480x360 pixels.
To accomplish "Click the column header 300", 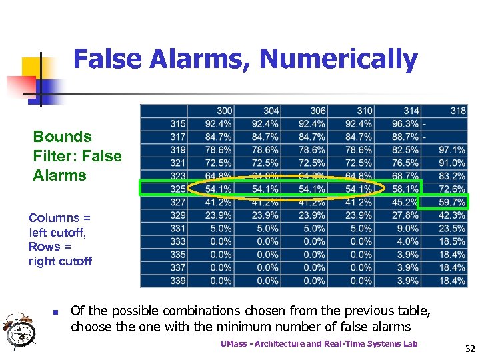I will pyautogui.click(x=225, y=111).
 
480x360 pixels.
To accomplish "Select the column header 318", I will pyautogui.click(x=458, y=111).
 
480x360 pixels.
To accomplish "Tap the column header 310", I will pyautogui.click(x=365, y=111).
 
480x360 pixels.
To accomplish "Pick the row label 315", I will pyautogui.click(x=178, y=123).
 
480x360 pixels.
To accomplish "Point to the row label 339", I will pyautogui.click(x=178, y=281).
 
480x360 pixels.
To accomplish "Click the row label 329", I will pyautogui.click(x=178, y=215).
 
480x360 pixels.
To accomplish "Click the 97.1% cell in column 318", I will pyautogui.click(x=452, y=150).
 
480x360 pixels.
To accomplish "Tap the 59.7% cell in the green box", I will pyautogui.click(x=452, y=202).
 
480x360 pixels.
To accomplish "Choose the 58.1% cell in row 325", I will pyautogui.click(x=405, y=189).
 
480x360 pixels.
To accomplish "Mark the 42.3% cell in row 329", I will pyautogui.click(x=452, y=215).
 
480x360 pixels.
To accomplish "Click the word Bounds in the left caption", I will pyautogui.click(x=63, y=137).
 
